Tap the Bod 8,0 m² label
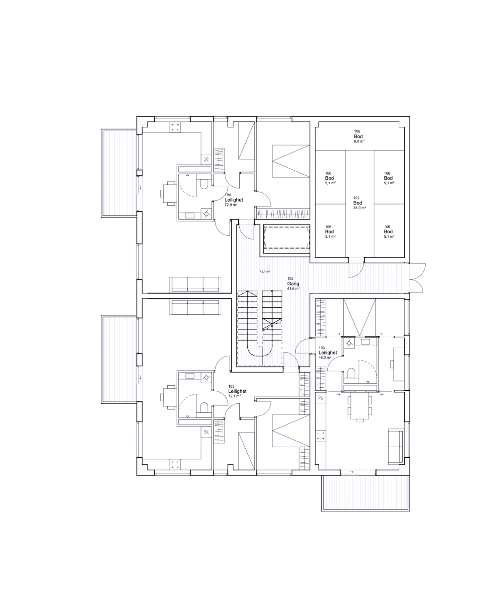coord(358,137)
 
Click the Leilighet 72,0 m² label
coord(234,200)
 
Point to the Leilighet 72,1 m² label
coord(237,391)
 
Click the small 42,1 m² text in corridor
coord(264,272)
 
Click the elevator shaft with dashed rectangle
coord(286,237)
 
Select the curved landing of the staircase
coord(259,351)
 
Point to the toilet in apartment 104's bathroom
coord(204,184)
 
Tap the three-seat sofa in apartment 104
coord(195,284)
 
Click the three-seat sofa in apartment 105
coord(195,307)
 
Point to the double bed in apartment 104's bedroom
coord(291,161)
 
